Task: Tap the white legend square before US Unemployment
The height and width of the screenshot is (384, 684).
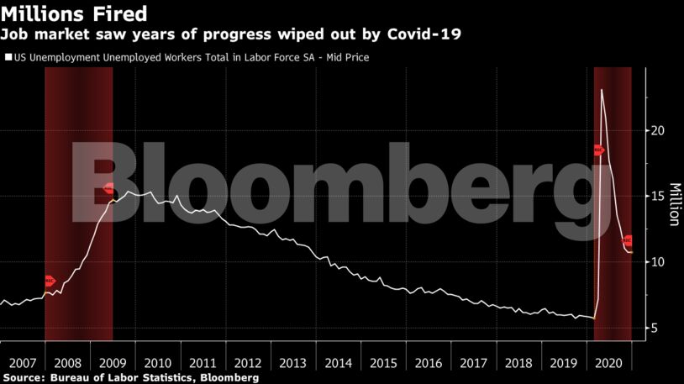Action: point(8,58)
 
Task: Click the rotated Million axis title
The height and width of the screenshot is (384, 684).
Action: point(673,204)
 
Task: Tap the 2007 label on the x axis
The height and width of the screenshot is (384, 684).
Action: point(23,363)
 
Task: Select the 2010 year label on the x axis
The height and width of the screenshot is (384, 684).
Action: point(158,363)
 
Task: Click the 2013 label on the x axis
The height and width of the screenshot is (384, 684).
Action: point(293,363)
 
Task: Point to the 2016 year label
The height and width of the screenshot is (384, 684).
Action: point(429,363)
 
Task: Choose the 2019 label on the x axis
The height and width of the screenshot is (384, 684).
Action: point(564,363)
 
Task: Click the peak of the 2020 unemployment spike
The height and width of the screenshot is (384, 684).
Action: point(601,89)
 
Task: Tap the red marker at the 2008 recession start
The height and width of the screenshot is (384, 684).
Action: point(49,281)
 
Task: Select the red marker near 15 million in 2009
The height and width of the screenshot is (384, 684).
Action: point(109,189)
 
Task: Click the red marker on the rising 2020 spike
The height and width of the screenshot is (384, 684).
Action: point(598,150)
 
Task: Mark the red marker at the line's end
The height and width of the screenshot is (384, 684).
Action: point(627,241)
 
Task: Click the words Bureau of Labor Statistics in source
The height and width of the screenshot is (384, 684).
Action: point(128,378)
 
